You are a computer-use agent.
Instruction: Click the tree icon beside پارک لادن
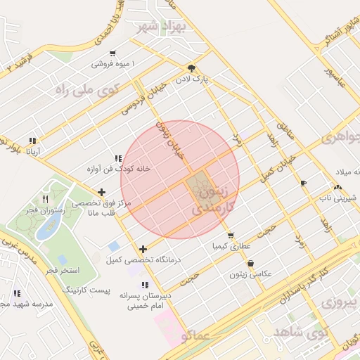click(191, 68)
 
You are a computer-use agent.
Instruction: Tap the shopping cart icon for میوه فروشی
click(112, 53)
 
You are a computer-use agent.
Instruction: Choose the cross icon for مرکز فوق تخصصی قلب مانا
click(102, 191)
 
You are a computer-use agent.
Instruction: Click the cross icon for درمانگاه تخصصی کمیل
click(143, 248)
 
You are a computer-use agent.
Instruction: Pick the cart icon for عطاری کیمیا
click(231, 236)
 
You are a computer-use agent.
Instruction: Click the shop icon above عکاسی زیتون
click(250, 263)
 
